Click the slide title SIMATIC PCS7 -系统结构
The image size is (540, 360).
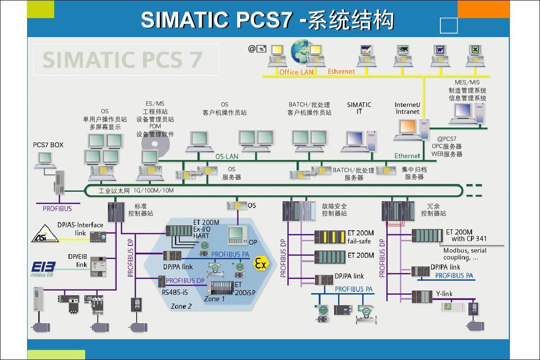click(x=268, y=20)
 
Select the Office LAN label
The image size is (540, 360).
click(x=296, y=72)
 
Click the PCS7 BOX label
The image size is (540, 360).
click(x=48, y=145)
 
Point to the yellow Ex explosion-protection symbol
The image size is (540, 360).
click(x=260, y=264)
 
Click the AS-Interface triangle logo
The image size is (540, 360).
click(x=45, y=234)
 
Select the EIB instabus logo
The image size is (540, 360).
click(x=43, y=268)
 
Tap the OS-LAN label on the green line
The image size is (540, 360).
click(x=226, y=156)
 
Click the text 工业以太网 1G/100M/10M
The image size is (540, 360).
click(x=136, y=191)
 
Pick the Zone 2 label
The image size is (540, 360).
click(x=181, y=306)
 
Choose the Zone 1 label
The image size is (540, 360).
click(x=214, y=299)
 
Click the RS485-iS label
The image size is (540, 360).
click(x=175, y=292)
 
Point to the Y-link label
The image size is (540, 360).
click(x=444, y=294)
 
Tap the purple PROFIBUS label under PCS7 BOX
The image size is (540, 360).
click(x=57, y=208)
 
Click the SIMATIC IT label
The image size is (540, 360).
click(x=359, y=108)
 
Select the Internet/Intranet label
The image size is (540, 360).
click(x=407, y=108)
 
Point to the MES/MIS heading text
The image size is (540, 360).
click(x=467, y=82)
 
